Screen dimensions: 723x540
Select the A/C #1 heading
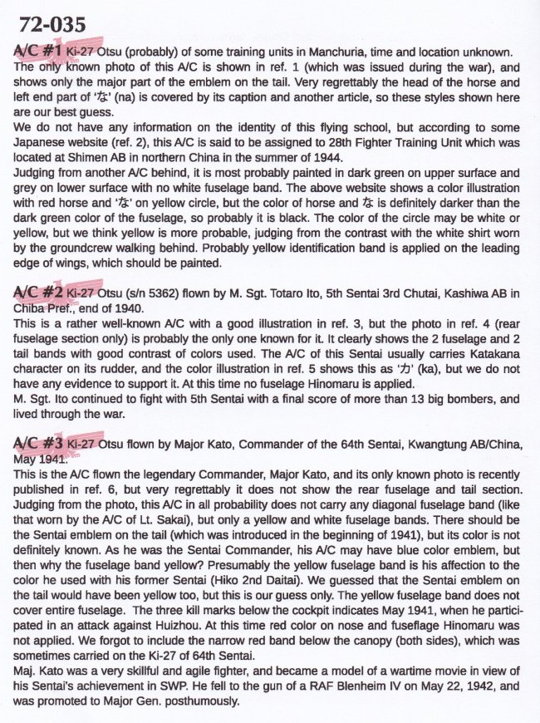(37, 52)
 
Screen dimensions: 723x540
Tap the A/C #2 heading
(38, 293)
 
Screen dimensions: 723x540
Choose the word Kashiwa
(469, 293)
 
